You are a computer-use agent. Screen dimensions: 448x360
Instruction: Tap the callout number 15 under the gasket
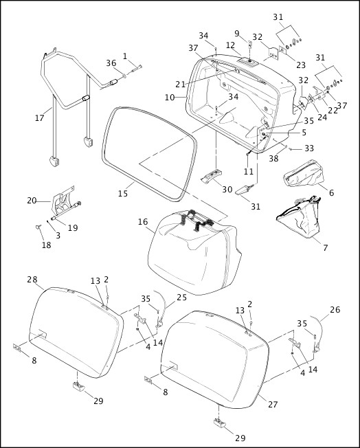tap(122, 194)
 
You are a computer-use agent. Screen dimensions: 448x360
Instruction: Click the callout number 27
tap(273, 405)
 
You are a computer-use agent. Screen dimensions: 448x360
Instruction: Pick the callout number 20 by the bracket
tap(32, 201)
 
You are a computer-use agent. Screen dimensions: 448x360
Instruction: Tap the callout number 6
tap(330, 193)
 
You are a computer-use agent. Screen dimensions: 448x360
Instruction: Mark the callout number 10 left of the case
tap(170, 98)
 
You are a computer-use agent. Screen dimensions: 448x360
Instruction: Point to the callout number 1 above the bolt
tap(125, 56)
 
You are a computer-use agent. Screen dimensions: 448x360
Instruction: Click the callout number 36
tap(111, 63)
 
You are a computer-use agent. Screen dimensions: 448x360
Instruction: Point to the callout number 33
tap(310, 148)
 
